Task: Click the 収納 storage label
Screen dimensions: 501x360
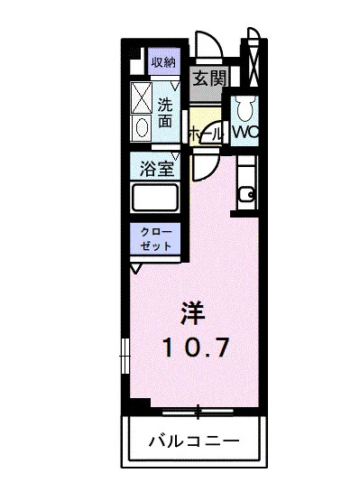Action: pyautogui.click(x=162, y=62)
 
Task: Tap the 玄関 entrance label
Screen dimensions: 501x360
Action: pyautogui.click(x=208, y=79)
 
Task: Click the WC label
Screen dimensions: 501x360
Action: pyautogui.click(x=245, y=131)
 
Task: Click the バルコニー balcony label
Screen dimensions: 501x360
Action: pyautogui.click(x=194, y=442)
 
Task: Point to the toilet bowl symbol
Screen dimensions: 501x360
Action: pyautogui.click(x=244, y=111)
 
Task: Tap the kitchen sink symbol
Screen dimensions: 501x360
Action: pyautogui.click(x=245, y=193)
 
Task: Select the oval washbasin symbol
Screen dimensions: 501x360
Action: pyautogui.click(x=142, y=127)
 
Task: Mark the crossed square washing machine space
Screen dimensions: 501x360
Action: pyautogui.click(x=143, y=97)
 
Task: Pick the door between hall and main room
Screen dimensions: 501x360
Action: pyautogui.click(x=204, y=164)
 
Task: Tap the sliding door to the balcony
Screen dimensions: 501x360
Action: pyautogui.click(x=193, y=413)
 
